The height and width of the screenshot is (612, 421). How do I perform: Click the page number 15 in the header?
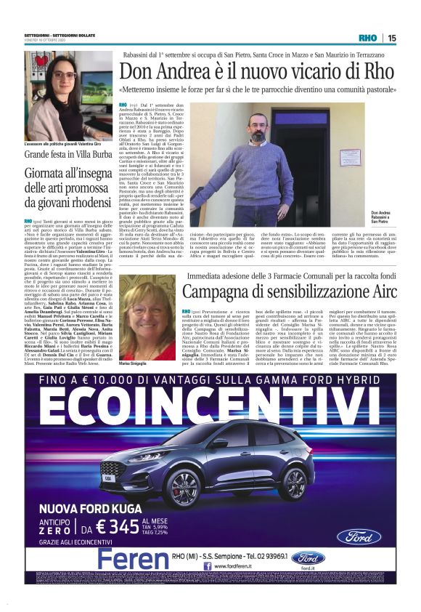click(x=391, y=39)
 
